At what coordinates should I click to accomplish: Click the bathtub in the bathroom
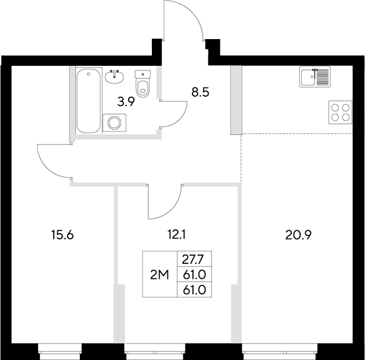(88, 101)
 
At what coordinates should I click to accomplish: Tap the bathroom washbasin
(114, 77)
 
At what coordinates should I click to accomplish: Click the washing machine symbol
(114, 123)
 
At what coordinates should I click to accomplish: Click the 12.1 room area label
(176, 236)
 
